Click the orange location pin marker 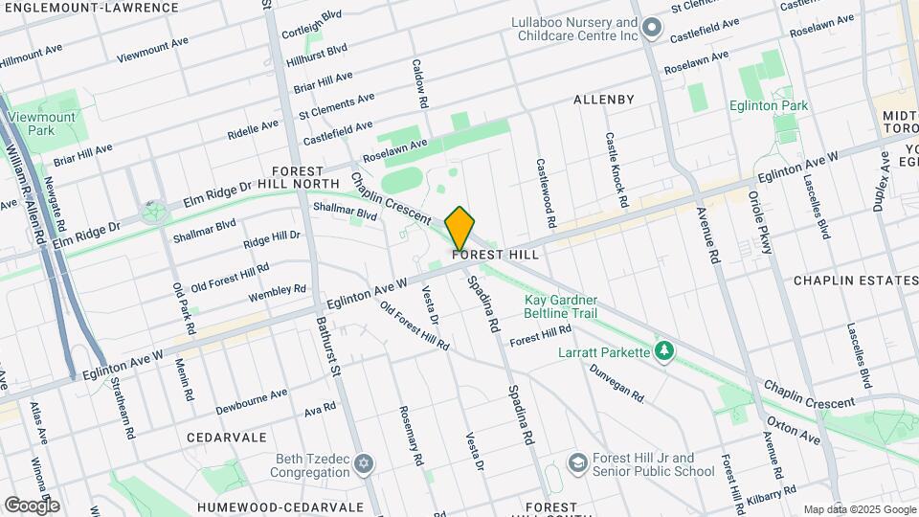click(x=459, y=228)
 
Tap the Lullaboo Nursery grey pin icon click(x=652, y=28)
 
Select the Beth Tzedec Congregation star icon click(x=363, y=464)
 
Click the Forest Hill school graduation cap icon click(x=577, y=463)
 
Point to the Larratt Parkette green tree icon click(x=663, y=352)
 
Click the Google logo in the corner click(x=31, y=505)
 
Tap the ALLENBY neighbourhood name click(x=603, y=100)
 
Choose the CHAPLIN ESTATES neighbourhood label click(x=856, y=281)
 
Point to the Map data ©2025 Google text click(x=860, y=509)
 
